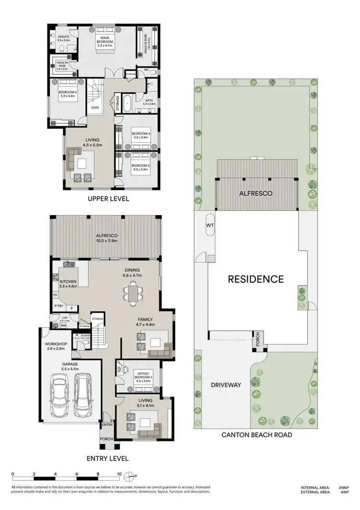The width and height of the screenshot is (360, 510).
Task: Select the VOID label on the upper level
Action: (x=96, y=108)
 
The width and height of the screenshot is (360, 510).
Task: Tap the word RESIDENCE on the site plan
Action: (x=255, y=279)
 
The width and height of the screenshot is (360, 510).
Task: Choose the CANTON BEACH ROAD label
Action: (x=257, y=435)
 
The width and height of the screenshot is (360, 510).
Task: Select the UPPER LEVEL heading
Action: (x=108, y=198)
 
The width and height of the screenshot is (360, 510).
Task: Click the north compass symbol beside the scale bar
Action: (x=130, y=477)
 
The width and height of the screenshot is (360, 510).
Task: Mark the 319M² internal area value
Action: (x=343, y=486)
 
